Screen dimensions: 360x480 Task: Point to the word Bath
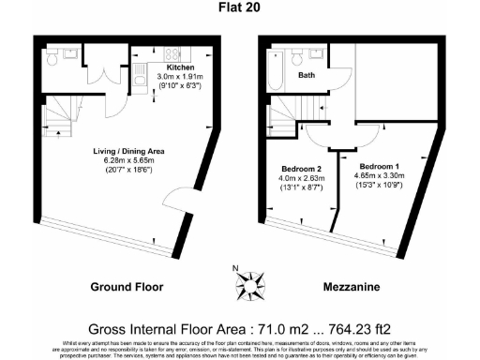307,75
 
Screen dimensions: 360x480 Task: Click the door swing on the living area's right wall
175,199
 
